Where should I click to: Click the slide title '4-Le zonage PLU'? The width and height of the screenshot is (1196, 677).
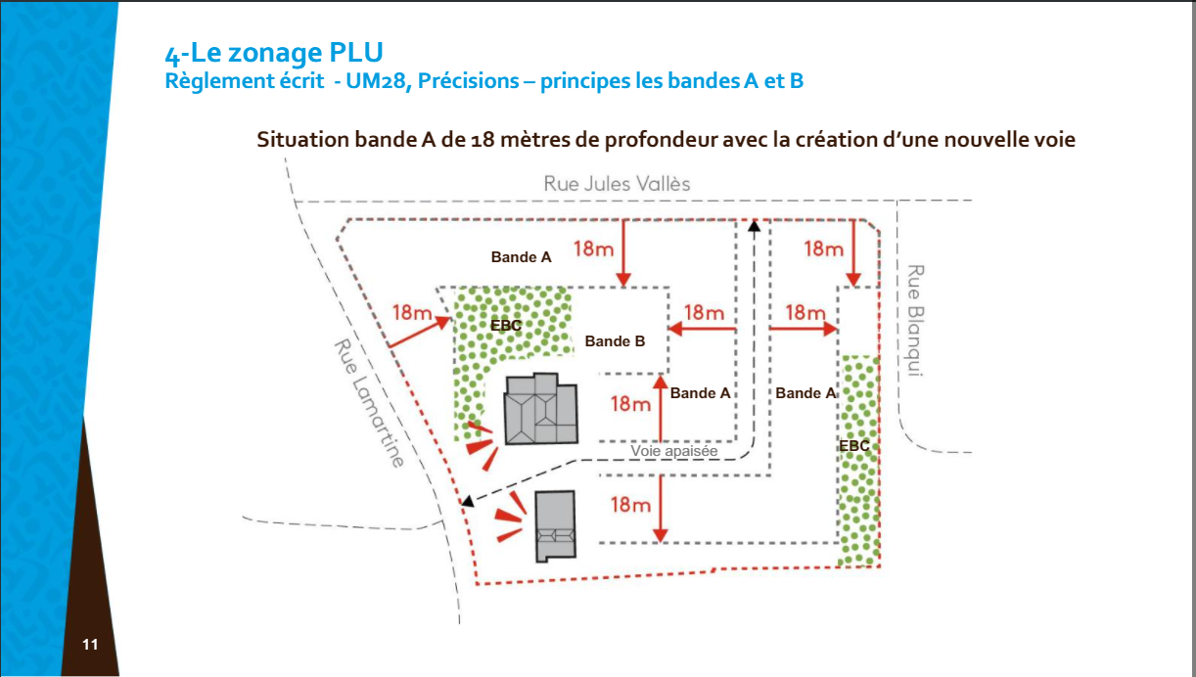(274, 53)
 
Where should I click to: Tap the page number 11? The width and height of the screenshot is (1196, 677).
(90, 645)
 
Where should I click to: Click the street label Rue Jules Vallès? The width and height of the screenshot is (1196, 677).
(617, 184)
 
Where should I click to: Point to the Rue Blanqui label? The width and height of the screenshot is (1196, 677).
(915, 320)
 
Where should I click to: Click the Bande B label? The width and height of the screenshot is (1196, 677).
(615, 341)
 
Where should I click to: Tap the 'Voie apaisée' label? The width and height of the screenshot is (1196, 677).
(673, 451)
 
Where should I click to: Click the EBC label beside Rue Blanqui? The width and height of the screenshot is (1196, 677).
(854, 446)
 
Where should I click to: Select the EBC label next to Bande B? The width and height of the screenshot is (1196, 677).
(506, 325)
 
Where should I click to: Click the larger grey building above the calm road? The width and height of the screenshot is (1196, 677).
(541, 409)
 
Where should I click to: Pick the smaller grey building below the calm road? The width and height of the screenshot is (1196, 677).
(555, 526)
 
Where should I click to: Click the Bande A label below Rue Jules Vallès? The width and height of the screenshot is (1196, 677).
(521, 257)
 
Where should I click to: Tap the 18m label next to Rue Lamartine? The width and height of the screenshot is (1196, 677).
(412, 312)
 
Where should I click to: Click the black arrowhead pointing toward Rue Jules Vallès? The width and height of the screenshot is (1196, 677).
(754, 226)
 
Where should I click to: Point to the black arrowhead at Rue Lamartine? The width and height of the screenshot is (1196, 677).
(468, 501)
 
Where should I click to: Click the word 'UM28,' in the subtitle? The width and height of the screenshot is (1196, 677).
(379, 81)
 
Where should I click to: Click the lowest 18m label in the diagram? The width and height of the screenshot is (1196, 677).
(630, 505)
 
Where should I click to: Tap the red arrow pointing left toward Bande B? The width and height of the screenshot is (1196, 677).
(702, 329)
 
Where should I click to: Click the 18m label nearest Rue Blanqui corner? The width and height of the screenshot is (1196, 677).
(824, 248)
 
